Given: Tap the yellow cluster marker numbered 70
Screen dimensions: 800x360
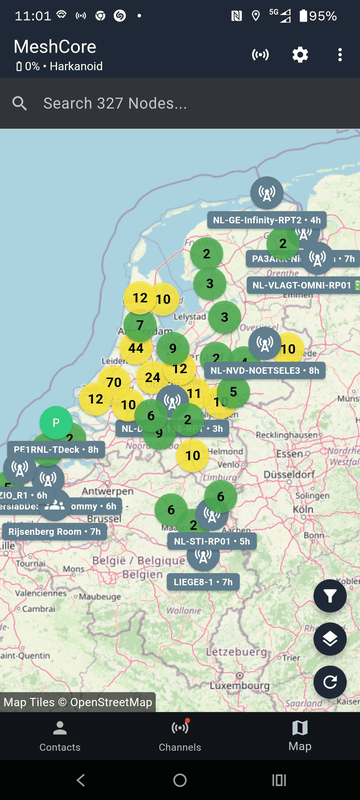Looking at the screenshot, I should [x=113, y=381].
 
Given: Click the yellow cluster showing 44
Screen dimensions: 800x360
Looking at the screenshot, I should [x=136, y=348].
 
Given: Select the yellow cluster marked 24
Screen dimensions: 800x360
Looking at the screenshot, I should [x=152, y=377].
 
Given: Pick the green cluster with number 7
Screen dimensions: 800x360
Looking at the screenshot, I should [x=140, y=324].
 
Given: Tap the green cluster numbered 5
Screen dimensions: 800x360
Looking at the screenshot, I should [x=233, y=391].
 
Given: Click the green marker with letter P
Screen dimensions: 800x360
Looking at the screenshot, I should [x=56, y=423].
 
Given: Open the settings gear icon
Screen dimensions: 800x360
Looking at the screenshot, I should [x=300, y=54].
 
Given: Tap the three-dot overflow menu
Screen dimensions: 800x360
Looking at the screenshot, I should [x=340, y=54].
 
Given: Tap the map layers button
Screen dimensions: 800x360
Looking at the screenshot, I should [x=330, y=639].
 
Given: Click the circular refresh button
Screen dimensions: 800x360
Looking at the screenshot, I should [x=330, y=683].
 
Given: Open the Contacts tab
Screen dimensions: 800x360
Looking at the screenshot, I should [x=60, y=735].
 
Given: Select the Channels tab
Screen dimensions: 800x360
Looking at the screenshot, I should [x=180, y=735].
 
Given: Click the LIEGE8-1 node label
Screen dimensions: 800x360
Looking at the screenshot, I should [x=203, y=581].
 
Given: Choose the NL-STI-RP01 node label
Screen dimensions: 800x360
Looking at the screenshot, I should [x=211, y=541].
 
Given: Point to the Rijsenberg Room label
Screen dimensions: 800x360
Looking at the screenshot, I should [x=56, y=531].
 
